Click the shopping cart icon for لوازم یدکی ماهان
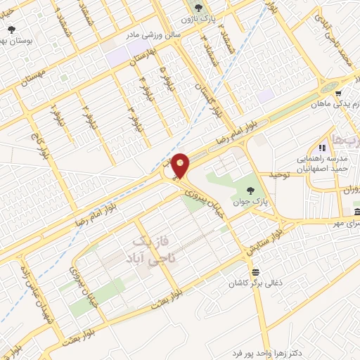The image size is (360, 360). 338,94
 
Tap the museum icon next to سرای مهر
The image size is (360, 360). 356,212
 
